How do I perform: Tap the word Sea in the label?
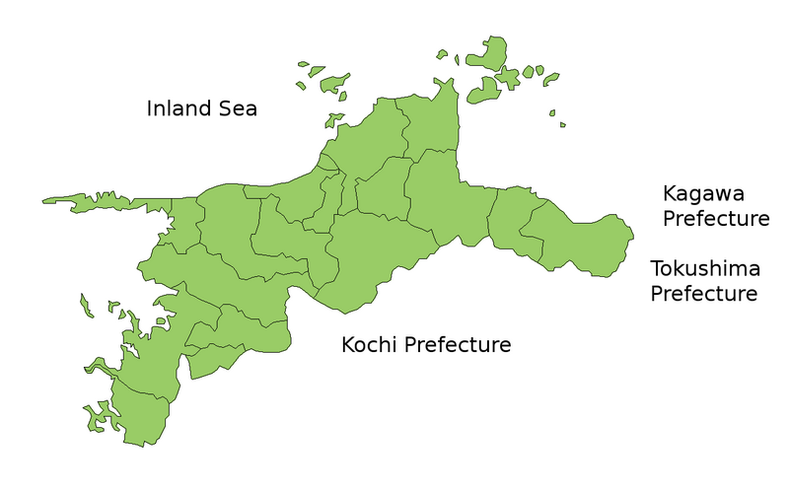(x=236, y=107)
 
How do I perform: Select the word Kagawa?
(x=703, y=193)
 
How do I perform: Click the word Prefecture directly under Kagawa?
(x=715, y=218)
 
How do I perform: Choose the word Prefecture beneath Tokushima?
(x=704, y=293)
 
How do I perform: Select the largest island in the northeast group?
(x=489, y=53)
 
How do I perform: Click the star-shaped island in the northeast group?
(x=508, y=76)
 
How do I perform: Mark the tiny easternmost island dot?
(x=562, y=124)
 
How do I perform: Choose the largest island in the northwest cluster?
(x=331, y=81)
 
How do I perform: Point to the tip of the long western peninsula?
(x=45, y=201)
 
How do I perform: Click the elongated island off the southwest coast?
(x=86, y=306)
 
